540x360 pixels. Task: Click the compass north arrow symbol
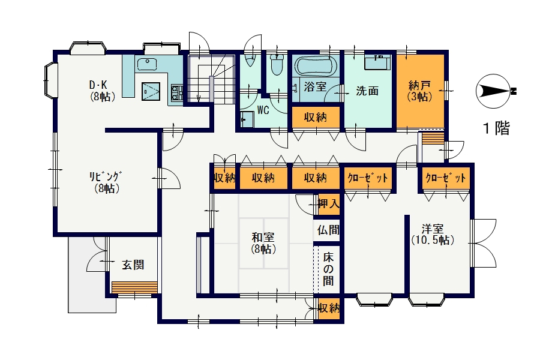495,91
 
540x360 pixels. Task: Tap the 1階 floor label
496,128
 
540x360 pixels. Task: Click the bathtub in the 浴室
316,66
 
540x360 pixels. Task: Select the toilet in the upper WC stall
276,64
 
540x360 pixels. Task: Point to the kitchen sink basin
147,64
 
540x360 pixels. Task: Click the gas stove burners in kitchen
177,92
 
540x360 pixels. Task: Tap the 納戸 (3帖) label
419,91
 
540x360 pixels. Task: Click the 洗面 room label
367,91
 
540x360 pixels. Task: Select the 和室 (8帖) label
263,243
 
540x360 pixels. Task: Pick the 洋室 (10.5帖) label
433,234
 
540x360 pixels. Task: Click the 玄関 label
133,265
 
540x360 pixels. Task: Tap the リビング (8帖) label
106,182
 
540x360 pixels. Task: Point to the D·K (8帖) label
102,90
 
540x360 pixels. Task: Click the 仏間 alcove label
328,230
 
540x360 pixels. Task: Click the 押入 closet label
329,203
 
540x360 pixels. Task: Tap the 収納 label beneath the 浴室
315,118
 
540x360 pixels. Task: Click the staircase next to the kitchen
211,79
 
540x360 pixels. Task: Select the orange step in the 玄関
134,287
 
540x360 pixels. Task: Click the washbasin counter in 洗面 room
378,62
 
